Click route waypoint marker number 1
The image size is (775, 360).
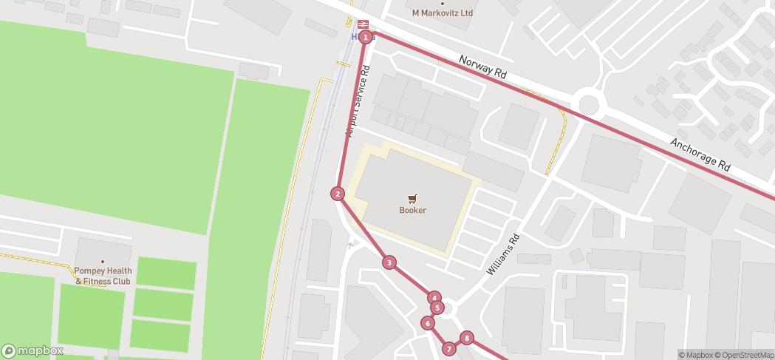pyautogui.click(x=365, y=38)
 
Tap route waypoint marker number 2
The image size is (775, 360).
pyautogui.click(x=338, y=194)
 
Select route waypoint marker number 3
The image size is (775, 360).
pyautogui.click(x=389, y=262)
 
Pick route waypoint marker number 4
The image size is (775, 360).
pyautogui.click(x=434, y=297)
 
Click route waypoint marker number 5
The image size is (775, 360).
pyautogui.click(x=437, y=308)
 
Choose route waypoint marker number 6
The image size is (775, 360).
pyautogui.click(x=427, y=323)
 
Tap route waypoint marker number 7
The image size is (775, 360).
pyautogui.click(x=448, y=349)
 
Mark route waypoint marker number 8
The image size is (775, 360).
pyautogui.click(x=466, y=339)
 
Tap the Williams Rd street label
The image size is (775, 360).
pyautogui.click(x=505, y=255)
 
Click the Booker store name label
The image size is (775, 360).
pyautogui.click(x=413, y=210)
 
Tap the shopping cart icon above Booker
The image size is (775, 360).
pyautogui.click(x=413, y=198)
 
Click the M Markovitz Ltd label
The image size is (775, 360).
pyautogui.click(x=443, y=13)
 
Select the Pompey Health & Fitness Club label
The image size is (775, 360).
pyautogui.click(x=103, y=276)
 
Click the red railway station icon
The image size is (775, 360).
pyautogui.click(x=363, y=24)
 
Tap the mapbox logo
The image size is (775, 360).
pyautogui.click(x=33, y=350)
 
